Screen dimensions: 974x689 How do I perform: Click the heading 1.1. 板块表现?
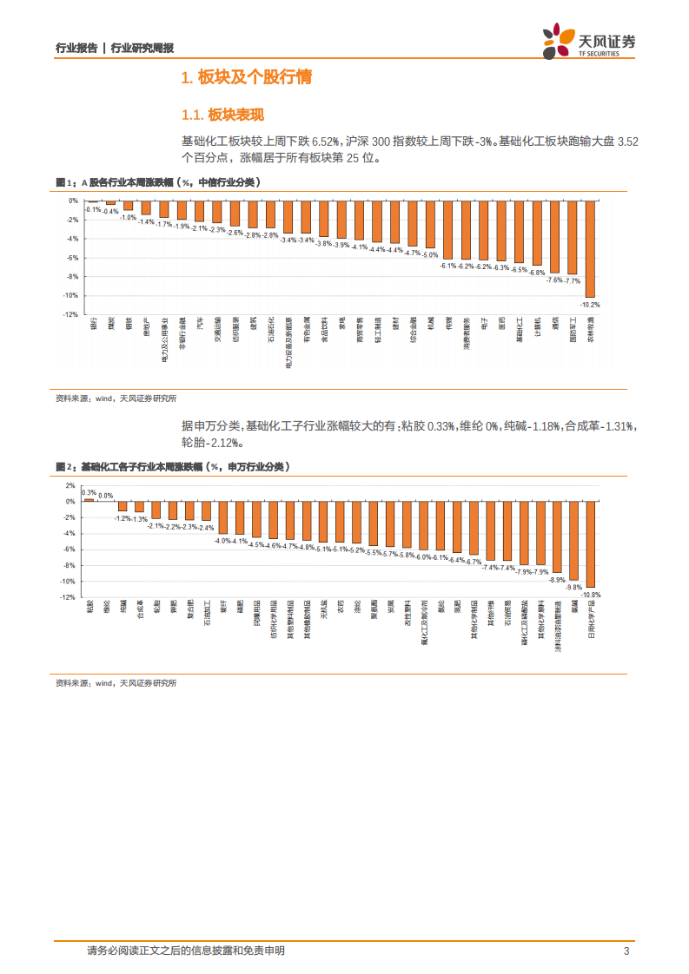[x=222, y=115]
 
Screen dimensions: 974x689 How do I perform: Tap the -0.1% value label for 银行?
[x=93, y=209]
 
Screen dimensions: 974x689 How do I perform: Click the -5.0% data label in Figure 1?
[x=430, y=254]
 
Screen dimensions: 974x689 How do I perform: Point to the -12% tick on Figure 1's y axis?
[x=70, y=315]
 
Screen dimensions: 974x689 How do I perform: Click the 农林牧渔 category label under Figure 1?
[x=590, y=332]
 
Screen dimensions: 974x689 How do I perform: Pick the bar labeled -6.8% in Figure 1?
[x=536, y=233]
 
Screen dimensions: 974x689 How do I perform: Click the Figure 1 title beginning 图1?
[x=156, y=182]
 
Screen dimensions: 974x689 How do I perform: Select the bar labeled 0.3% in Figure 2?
[x=89, y=499]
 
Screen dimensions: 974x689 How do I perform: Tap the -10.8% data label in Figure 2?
[x=591, y=595]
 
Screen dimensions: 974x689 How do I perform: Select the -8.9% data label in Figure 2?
[x=557, y=579]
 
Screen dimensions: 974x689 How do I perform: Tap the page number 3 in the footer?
[x=626, y=951]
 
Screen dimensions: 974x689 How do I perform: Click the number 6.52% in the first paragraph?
[x=327, y=141]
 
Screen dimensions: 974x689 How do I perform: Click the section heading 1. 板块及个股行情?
[x=245, y=78]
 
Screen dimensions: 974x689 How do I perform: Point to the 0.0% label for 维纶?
[x=105, y=496]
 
